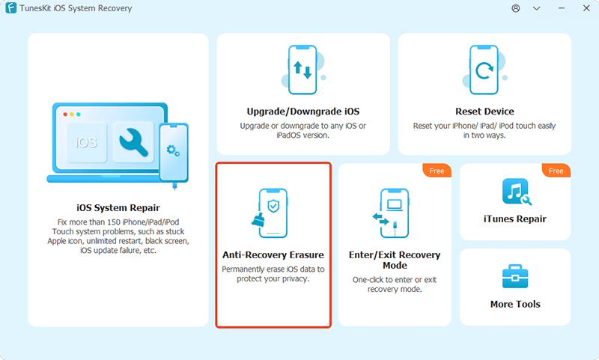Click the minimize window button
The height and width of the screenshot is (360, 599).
pyautogui.click(x=537, y=8)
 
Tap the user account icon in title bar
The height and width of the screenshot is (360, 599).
pyautogui.click(x=515, y=8)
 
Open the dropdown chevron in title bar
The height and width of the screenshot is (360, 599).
pyautogui.click(x=537, y=8)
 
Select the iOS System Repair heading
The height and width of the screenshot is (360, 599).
pyautogui.click(x=118, y=207)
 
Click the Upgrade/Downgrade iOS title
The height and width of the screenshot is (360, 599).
pyautogui.click(x=303, y=112)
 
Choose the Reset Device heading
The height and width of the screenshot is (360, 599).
pyautogui.click(x=484, y=112)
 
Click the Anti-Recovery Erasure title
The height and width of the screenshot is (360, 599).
pyautogui.click(x=273, y=254)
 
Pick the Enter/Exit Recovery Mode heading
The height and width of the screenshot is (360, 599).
pyautogui.click(x=395, y=260)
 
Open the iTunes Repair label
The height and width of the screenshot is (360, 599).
pyautogui.click(x=514, y=219)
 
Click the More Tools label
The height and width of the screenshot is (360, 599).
pyautogui.click(x=514, y=304)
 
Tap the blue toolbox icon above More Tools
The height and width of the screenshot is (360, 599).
pyautogui.click(x=514, y=276)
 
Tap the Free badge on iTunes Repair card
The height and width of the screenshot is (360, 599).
pyautogui.click(x=556, y=171)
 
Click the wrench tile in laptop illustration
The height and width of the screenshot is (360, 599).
pyautogui.click(x=133, y=140)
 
